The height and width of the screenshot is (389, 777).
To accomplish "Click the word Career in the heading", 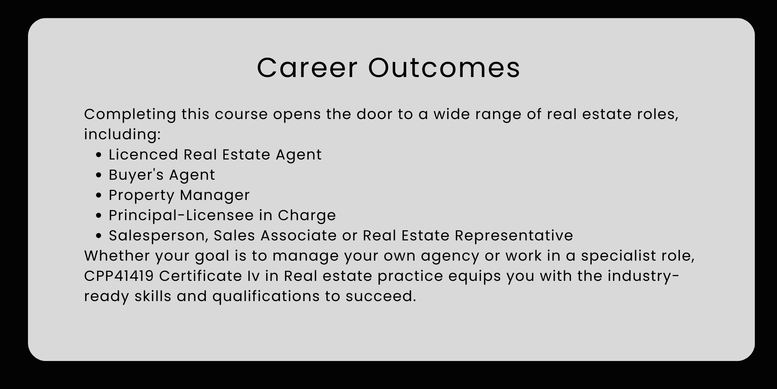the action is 307,68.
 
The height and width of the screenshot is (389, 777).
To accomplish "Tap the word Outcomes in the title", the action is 444,68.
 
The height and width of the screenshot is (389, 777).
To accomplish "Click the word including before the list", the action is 122,135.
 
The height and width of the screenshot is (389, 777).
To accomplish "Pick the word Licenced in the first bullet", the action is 143,154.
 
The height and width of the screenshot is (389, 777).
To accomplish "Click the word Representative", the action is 514,236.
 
